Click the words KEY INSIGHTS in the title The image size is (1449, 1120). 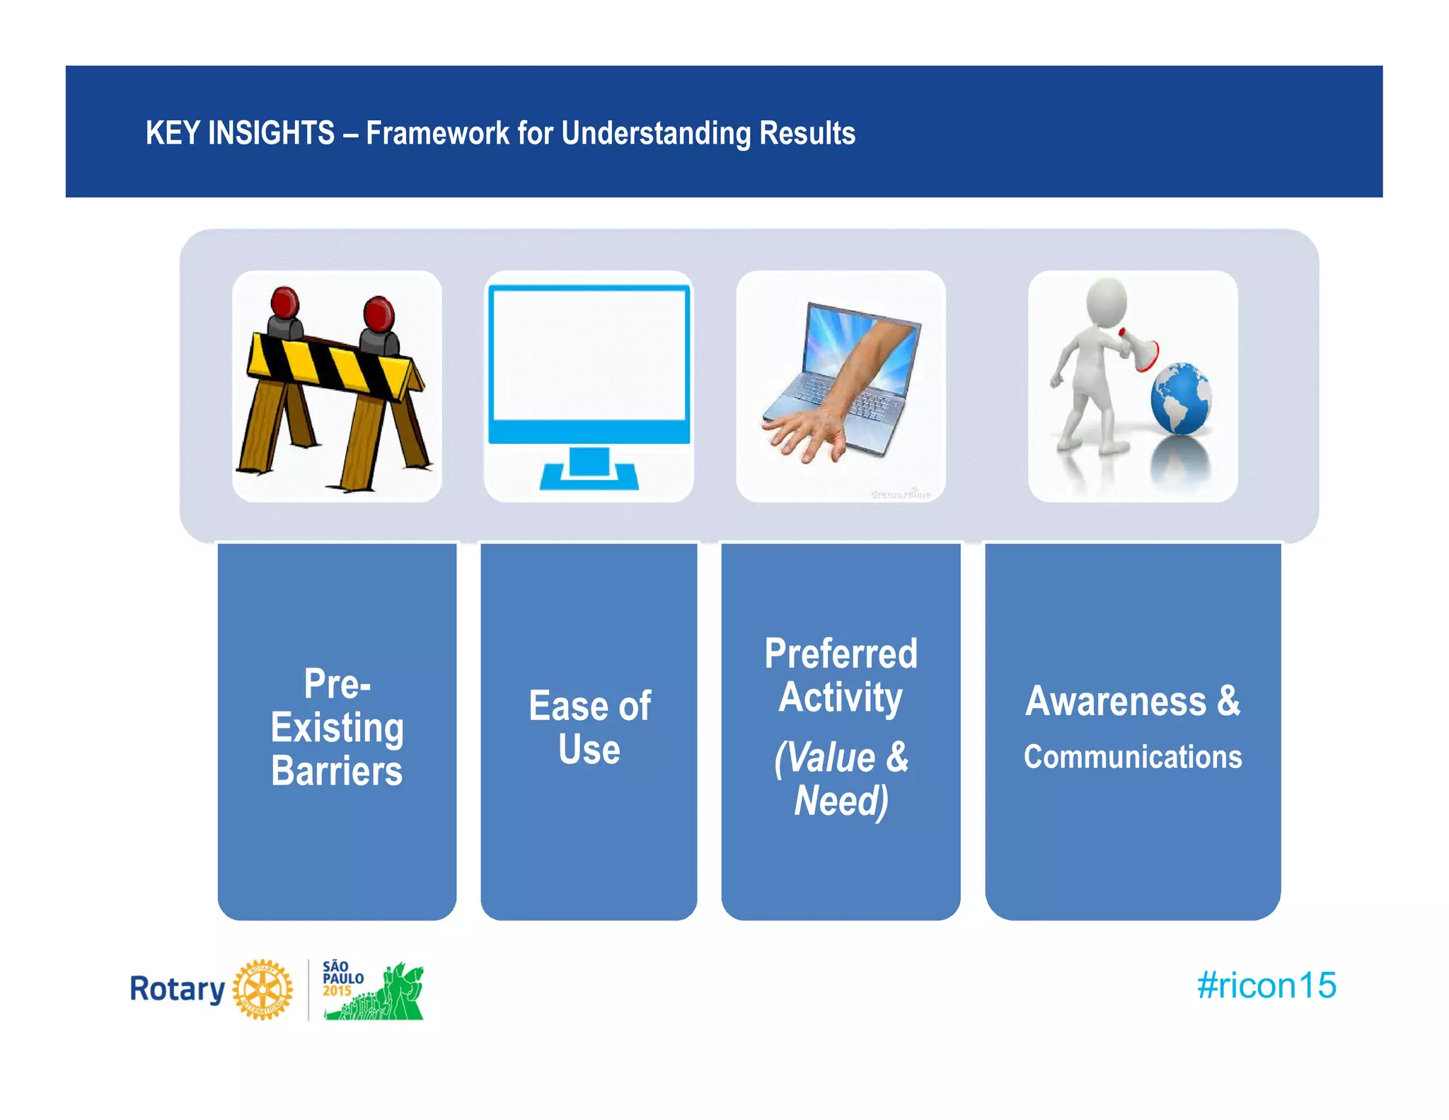point(239,133)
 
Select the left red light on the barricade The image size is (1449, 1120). point(284,302)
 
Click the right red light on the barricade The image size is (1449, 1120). point(379,314)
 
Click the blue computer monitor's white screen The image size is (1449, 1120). point(589,354)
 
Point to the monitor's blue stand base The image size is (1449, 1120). point(589,476)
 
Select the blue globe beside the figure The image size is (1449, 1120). point(1180,399)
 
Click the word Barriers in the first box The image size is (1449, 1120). point(337,771)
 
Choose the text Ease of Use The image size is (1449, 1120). point(589,727)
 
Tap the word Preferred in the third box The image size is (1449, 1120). point(841,653)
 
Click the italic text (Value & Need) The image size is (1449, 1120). point(841,779)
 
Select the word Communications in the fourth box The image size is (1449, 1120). point(1132,757)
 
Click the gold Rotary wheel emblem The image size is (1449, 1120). point(262,990)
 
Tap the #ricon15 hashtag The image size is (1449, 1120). point(1266,985)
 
